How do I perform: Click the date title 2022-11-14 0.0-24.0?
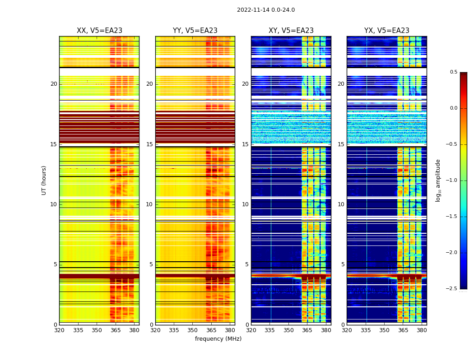point(266,10)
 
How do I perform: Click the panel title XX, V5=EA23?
point(99,31)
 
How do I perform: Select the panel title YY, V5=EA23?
point(195,31)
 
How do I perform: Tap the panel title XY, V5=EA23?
point(291,31)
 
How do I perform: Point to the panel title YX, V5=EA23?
point(387,31)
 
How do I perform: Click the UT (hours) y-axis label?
point(44,180)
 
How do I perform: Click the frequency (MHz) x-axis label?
point(218,339)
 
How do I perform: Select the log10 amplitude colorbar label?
point(438,180)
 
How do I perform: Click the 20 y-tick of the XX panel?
point(54,84)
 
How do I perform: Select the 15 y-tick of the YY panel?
point(150,144)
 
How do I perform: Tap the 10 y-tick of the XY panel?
point(246,204)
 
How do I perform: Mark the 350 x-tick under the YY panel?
point(193,330)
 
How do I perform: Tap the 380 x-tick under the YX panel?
point(422,330)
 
